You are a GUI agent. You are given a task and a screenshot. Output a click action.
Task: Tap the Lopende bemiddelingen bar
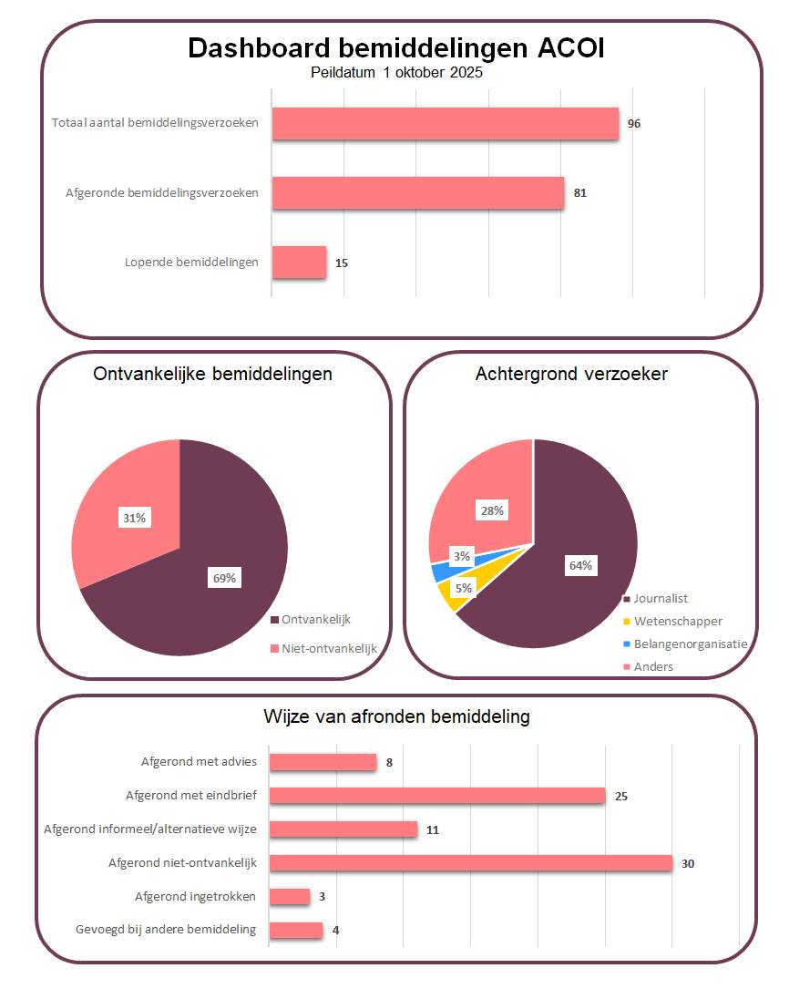click(x=299, y=262)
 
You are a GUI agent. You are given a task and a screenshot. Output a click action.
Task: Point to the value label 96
click(x=634, y=123)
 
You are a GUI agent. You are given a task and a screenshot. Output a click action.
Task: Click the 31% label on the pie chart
click(x=134, y=518)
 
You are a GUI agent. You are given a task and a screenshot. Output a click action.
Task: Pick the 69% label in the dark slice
click(x=224, y=578)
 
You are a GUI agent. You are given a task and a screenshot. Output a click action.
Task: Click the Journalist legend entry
click(x=661, y=599)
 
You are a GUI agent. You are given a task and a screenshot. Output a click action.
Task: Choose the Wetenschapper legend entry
click(x=678, y=621)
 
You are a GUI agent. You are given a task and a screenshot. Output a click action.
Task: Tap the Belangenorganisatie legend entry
click(x=691, y=644)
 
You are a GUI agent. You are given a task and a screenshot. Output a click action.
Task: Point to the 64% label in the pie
click(x=580, y=565)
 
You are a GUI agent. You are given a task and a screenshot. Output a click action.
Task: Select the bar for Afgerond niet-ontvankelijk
click(x=470, y=863)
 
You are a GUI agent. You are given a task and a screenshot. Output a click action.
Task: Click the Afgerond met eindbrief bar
click(x=437, y=796)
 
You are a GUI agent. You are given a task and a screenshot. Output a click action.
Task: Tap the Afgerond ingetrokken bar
click(x=290, y=897)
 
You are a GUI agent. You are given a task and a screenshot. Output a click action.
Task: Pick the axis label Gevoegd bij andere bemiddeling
click(x=167, y=930)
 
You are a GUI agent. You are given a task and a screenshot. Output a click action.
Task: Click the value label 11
click(x=433, y=829)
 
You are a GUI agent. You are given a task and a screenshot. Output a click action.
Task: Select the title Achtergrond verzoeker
click(x=571, y=374)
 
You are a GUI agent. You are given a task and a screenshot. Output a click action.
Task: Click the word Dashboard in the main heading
click(x=251, y=48)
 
